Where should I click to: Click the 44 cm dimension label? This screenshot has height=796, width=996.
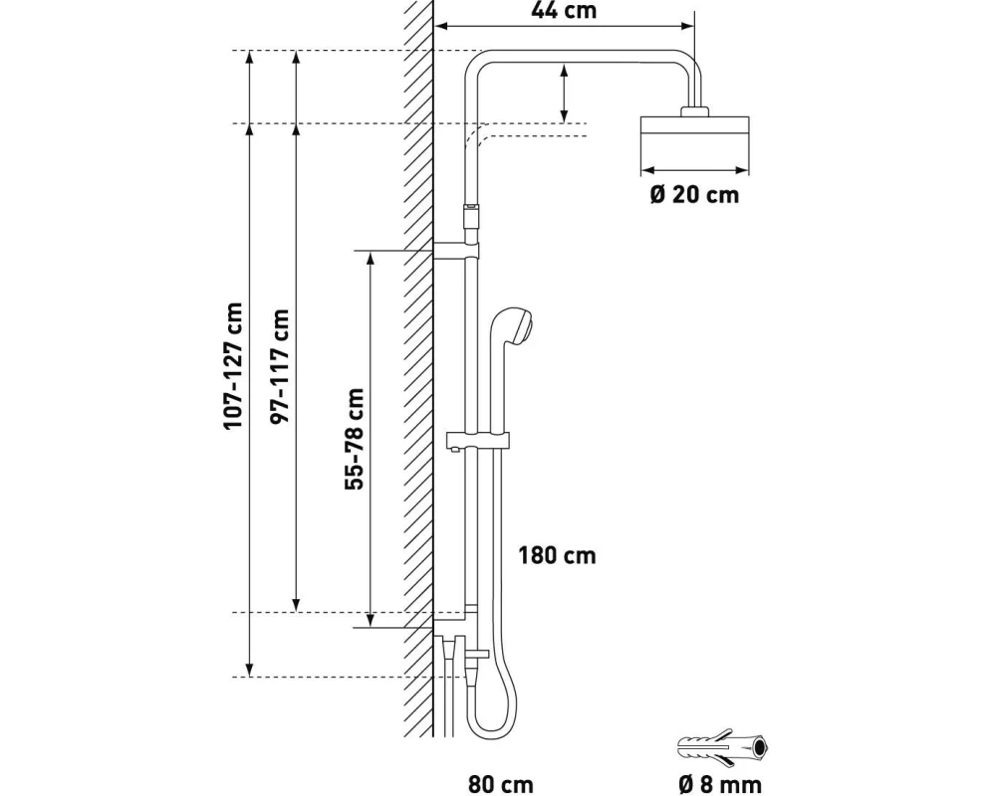[x=566, y=12]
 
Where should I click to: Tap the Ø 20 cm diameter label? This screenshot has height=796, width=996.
[x=694, y=194]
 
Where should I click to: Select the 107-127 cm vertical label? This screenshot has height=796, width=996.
[x=233, y=365]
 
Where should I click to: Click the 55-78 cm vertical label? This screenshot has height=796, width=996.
[x=354, y=439]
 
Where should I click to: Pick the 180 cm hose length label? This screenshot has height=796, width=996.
[x=557, y=555]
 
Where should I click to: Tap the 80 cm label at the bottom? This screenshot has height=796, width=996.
[x=500, y=785]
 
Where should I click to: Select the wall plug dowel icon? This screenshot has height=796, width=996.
[x=725, y=746]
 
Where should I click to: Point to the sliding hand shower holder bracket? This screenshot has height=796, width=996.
[x=479, y=440]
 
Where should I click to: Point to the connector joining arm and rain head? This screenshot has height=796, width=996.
[x=694, y=109]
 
